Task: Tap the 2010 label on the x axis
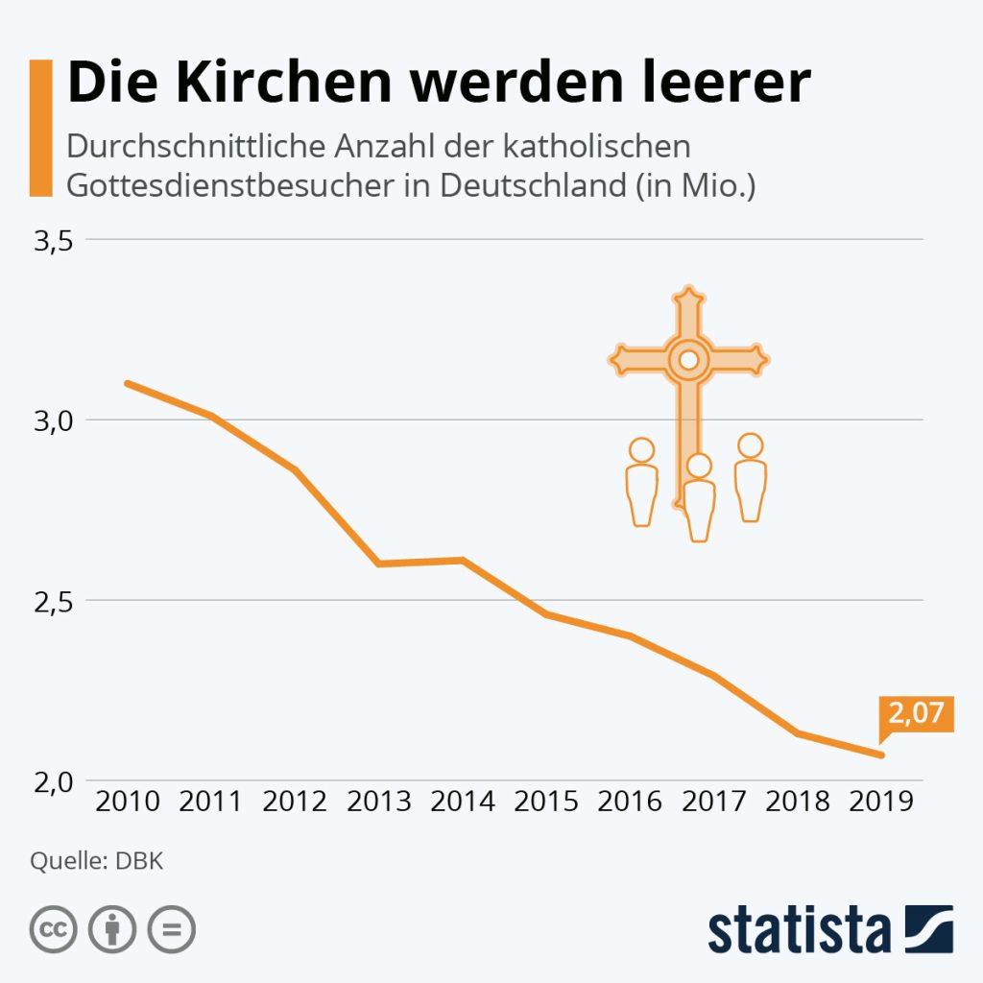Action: pos(128,801)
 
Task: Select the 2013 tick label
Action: pos(379,801)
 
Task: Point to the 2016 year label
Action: pos(631,801)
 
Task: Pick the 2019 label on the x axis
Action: pos(880,801)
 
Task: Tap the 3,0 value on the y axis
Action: pos(55,420)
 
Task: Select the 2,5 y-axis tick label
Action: pos(55,601)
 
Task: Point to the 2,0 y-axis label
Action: pos(55,780)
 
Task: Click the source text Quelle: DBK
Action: pos(97,860)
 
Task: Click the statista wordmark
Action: pos(800,929)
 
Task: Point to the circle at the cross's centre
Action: pos(688,360)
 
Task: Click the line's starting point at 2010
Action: pos(128,384)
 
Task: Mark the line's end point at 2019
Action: pos(880,755)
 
